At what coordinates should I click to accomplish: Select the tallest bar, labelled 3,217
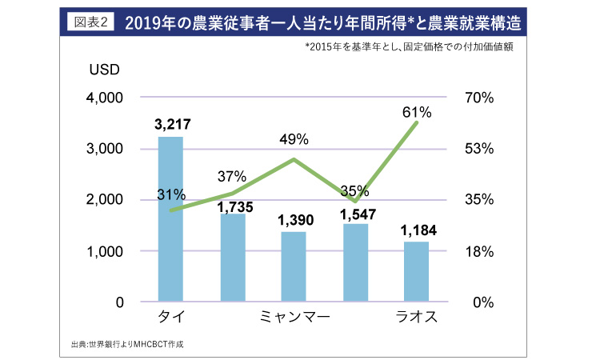click(171, 219)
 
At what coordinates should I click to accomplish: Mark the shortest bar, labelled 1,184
click(417, 271)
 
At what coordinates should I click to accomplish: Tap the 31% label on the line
click(171, 194)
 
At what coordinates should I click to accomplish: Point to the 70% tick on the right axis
click(480, 98)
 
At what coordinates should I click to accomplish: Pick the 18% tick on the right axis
click(480, 251)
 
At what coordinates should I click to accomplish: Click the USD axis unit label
click(104, 69)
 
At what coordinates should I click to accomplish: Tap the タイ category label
click(171, 318)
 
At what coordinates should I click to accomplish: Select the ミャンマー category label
click(294, 318)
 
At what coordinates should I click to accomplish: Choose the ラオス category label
click(417, 318)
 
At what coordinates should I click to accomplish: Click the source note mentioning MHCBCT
click(132, 345)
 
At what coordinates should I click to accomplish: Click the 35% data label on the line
click(354, 190)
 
